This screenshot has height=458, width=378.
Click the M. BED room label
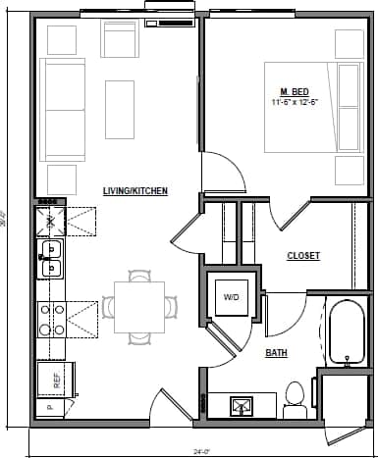[x=289, y=91]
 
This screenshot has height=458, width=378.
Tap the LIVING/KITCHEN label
[x=135, y=190]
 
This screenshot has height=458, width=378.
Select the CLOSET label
[x=302, y=256]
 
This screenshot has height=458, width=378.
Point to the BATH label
[x=277, y=352]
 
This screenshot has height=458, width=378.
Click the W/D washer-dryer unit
[x=232, y=295]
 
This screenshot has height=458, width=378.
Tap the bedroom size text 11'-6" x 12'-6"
[x=296, y=102]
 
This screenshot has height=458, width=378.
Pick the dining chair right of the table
[x=172, y=306]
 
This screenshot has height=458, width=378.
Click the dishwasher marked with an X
[x=49, y=222]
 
